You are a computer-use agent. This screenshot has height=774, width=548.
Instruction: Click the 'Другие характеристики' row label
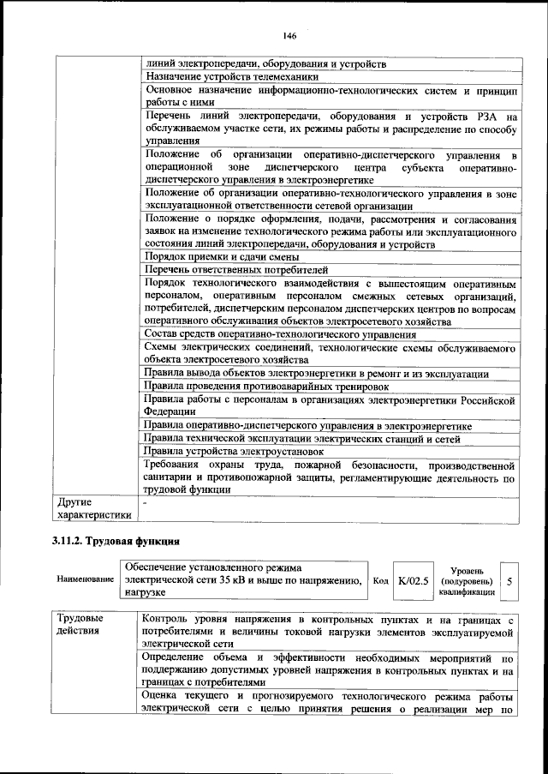(x=94, y=507)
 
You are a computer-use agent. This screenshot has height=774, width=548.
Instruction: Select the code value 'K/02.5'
(x=413, y=580)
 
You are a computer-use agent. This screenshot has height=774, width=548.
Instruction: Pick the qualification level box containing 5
(x=509, y=580)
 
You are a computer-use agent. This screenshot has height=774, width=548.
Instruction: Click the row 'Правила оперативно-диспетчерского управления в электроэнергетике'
(x=307, y=425)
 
